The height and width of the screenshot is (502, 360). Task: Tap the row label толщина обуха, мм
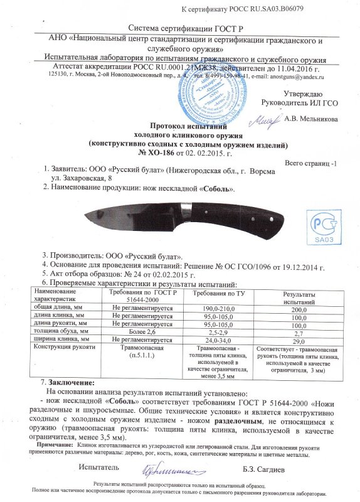[x=60, y=333]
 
